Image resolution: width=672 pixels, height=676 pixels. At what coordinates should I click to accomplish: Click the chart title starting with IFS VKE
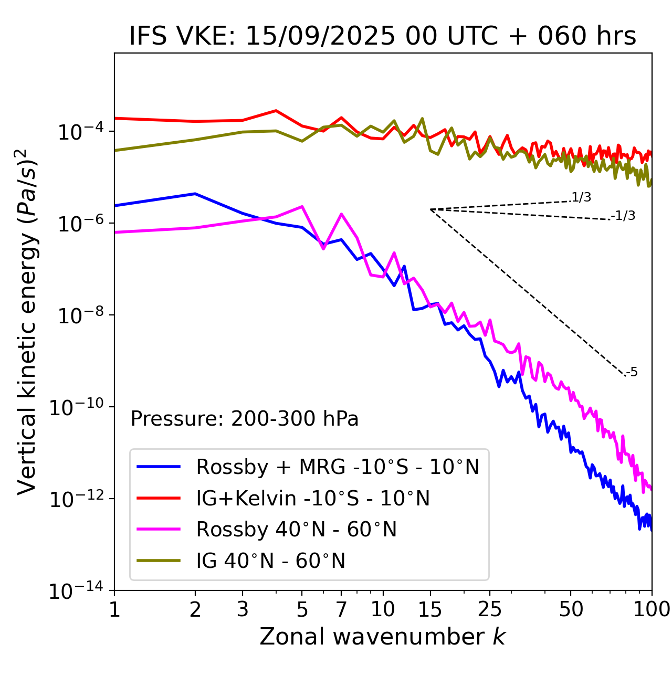coord(383,37)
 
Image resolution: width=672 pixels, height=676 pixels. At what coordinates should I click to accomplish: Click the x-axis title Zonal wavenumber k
coord(383,637)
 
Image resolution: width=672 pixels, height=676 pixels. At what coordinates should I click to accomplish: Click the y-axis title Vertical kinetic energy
coord(27,321)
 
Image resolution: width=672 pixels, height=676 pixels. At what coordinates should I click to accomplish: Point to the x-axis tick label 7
coord(341,609)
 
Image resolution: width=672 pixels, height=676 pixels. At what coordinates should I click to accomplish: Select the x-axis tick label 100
coord(652,609)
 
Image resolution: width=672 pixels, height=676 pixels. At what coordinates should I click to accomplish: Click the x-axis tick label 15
coord(430,609)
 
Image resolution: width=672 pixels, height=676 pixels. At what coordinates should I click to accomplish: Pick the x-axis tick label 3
coord(243,609)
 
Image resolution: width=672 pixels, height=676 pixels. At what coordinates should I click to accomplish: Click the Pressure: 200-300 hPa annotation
coord(245,419)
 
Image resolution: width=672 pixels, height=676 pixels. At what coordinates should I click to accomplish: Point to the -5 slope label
coord(632,373)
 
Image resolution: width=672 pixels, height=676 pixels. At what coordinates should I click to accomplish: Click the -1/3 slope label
coord(624,216)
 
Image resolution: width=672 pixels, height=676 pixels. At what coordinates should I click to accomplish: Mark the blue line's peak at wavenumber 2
coord(195,194)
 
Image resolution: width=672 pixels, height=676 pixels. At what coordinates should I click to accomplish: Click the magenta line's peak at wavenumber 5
coord(302,206)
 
